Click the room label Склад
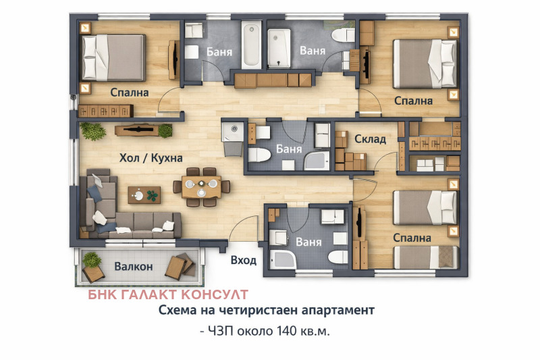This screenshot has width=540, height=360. point(370,139)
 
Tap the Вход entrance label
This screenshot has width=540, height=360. point(244,260)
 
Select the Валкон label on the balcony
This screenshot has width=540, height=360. point(134,266)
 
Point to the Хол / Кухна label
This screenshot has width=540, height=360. point(151,158)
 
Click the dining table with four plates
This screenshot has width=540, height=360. point(201,187)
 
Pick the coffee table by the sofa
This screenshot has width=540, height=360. point(144,195)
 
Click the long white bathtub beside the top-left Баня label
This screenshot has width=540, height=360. point(251,45)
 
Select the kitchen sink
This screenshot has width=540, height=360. point(232,132)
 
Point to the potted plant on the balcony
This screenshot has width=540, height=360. point(92,260)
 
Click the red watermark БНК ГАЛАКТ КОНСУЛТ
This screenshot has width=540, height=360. point(167,294)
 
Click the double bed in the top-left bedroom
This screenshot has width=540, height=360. point(113,57)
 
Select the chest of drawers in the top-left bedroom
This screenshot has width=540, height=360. point(106,111)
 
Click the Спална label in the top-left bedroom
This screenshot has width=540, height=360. point(130,93)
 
